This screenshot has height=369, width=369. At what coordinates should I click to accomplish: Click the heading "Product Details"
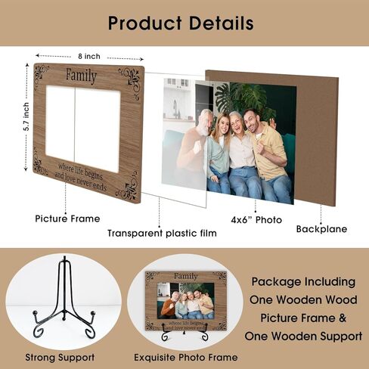(181, 23)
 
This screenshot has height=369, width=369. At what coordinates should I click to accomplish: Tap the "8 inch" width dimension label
(89, 56)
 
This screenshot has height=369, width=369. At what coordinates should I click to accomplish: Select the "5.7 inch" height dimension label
(26, 116)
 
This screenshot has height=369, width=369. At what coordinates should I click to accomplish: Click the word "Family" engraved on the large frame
(82, 76)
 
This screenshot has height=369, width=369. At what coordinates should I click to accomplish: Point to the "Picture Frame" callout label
(67, 219)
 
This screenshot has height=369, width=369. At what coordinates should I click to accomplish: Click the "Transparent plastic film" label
(162, 233)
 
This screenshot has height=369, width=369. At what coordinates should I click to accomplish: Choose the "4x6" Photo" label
(256, 220)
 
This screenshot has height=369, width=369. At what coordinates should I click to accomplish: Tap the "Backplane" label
(321, 229)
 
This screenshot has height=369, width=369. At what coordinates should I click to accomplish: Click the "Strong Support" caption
(60, 357)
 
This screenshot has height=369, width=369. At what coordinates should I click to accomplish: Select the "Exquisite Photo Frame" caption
(186, 357)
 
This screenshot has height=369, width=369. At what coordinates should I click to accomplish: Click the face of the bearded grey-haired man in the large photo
(205, 122)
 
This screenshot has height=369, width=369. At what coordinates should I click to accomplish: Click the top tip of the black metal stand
(65, 258)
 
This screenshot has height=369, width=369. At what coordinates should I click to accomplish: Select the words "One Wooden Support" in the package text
(303, 336)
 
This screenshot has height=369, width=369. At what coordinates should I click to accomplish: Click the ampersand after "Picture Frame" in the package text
(343, 318)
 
